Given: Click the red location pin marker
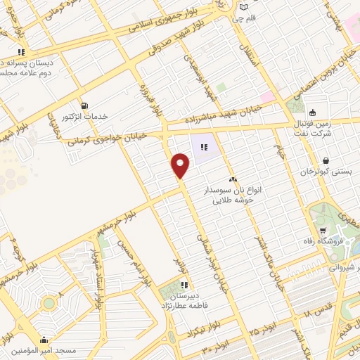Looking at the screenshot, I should pos(181,167).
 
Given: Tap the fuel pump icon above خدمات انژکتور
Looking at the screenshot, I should pos(85,105).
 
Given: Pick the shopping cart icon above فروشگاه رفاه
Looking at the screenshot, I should pos(322,231).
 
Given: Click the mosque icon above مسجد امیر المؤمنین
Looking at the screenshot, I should pos(44,338).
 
